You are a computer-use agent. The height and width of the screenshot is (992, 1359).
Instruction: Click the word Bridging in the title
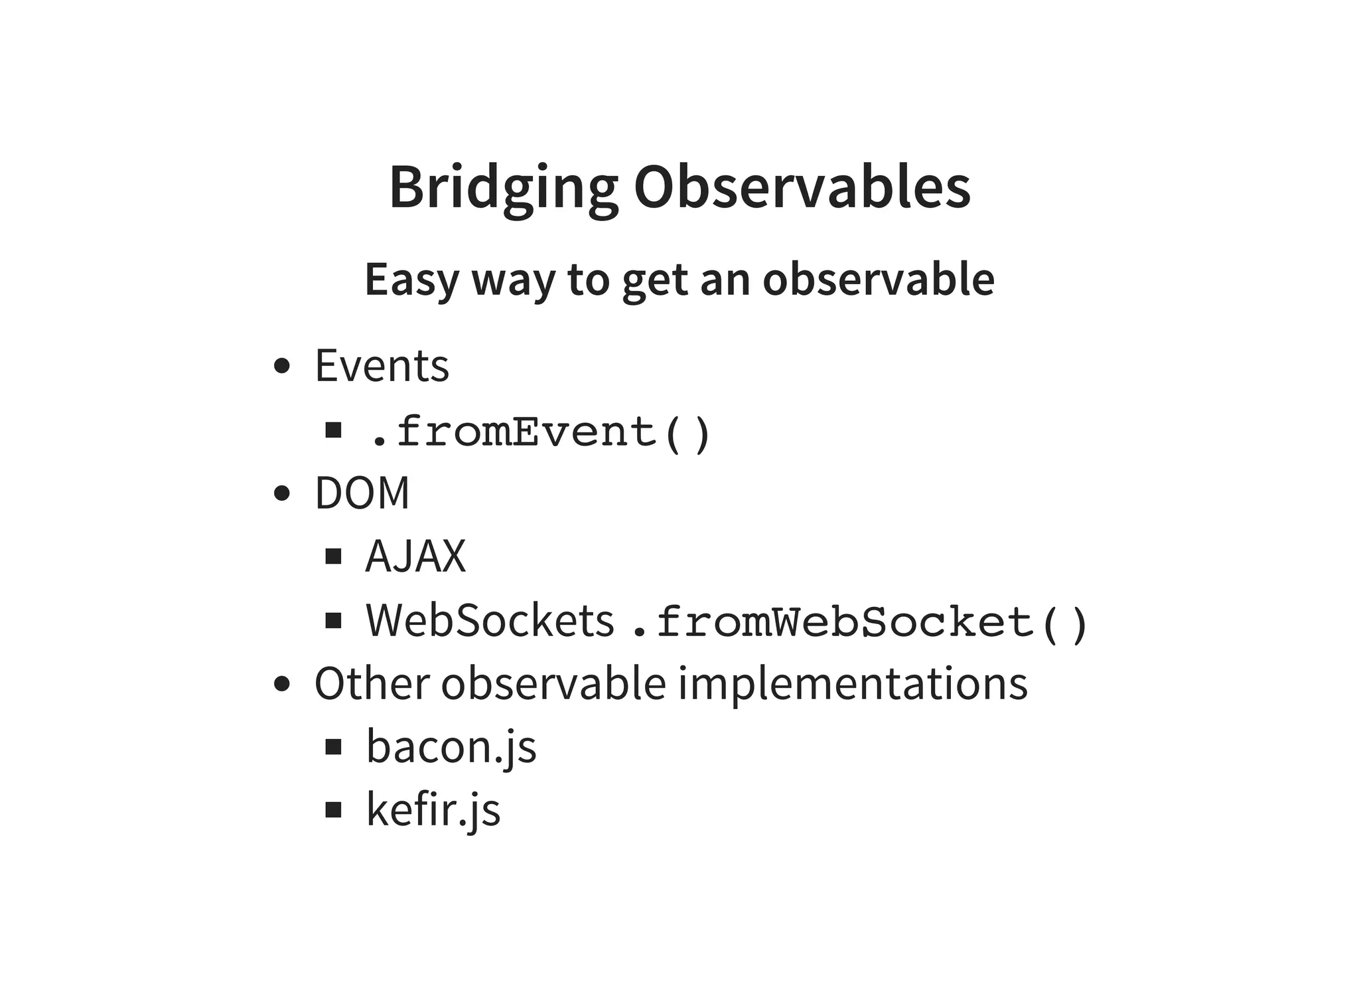click(x=502, y=188)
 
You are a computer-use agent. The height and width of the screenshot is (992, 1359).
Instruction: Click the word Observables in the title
click(x=802, y=188)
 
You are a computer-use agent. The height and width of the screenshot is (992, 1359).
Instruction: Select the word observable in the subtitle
click(x=878, y=280)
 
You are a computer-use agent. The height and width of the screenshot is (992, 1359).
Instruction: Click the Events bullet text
click(x=382, y=366)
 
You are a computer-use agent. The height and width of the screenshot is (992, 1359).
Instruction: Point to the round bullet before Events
click(x=282, y=366)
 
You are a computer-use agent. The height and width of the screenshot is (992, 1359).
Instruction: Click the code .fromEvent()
click(x=539, y=432)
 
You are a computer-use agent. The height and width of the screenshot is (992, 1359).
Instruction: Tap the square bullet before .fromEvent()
click(x=333, y=430)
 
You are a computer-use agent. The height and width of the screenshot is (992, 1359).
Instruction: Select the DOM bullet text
click(x=362, y=493)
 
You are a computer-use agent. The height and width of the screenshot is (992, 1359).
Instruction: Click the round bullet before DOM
click(x=282, y=493)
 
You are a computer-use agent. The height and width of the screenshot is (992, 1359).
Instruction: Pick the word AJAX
click(x=415, y=556)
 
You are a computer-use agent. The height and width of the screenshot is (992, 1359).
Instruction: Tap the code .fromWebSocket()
click(x=858, y=623)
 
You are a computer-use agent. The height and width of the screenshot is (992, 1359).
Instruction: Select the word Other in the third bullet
click(x=372, y=684)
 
